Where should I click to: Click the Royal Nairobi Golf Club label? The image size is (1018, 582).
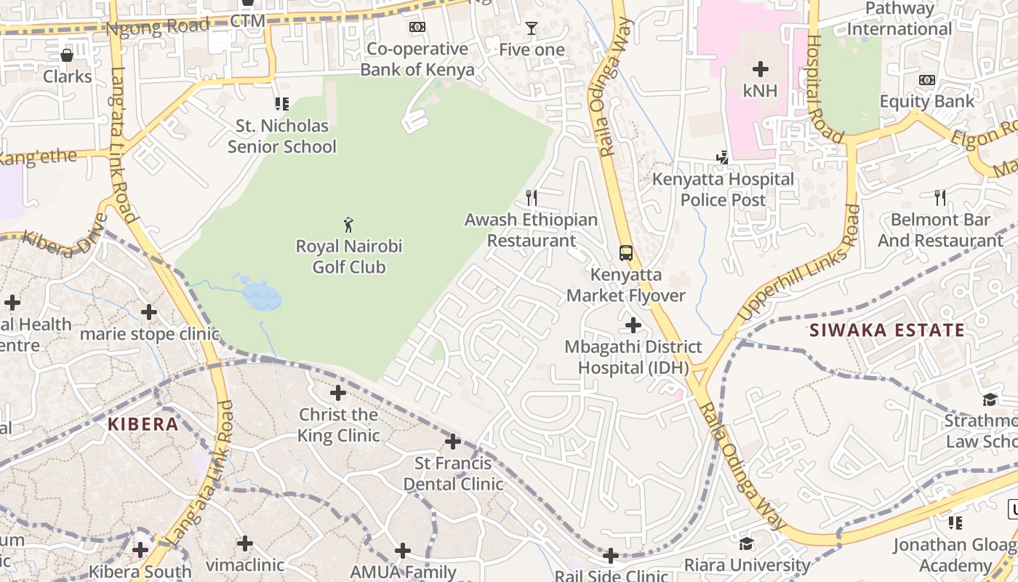(349, 257)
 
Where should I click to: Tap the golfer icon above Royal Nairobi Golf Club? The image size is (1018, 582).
(349, 224)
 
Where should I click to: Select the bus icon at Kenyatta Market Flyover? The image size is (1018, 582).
(626, 252)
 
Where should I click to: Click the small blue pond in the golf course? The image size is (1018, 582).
(260, 295)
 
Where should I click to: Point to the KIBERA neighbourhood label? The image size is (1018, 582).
(143, 424)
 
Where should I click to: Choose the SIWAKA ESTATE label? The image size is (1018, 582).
(887, 330)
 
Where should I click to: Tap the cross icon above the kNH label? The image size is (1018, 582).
(761, 69)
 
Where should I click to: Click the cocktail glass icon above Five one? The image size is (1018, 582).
(532, 28)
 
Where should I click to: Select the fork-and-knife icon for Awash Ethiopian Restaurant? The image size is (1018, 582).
(532, 197)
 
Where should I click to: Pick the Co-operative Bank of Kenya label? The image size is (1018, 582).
(417, 59)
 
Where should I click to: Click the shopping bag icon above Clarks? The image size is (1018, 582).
(67, 55)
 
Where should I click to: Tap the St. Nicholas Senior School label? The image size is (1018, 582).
(282, 136)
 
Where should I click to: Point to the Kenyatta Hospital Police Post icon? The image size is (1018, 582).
(722, 156)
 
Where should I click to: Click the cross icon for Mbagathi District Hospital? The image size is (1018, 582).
(633, 324)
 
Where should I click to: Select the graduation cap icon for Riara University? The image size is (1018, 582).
(746, 544)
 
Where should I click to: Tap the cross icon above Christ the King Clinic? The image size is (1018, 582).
(338, 393)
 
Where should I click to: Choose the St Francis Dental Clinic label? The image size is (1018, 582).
(453, 474)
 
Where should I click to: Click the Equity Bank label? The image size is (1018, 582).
(927, 101)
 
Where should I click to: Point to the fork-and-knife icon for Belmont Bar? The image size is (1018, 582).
(940, 197)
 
